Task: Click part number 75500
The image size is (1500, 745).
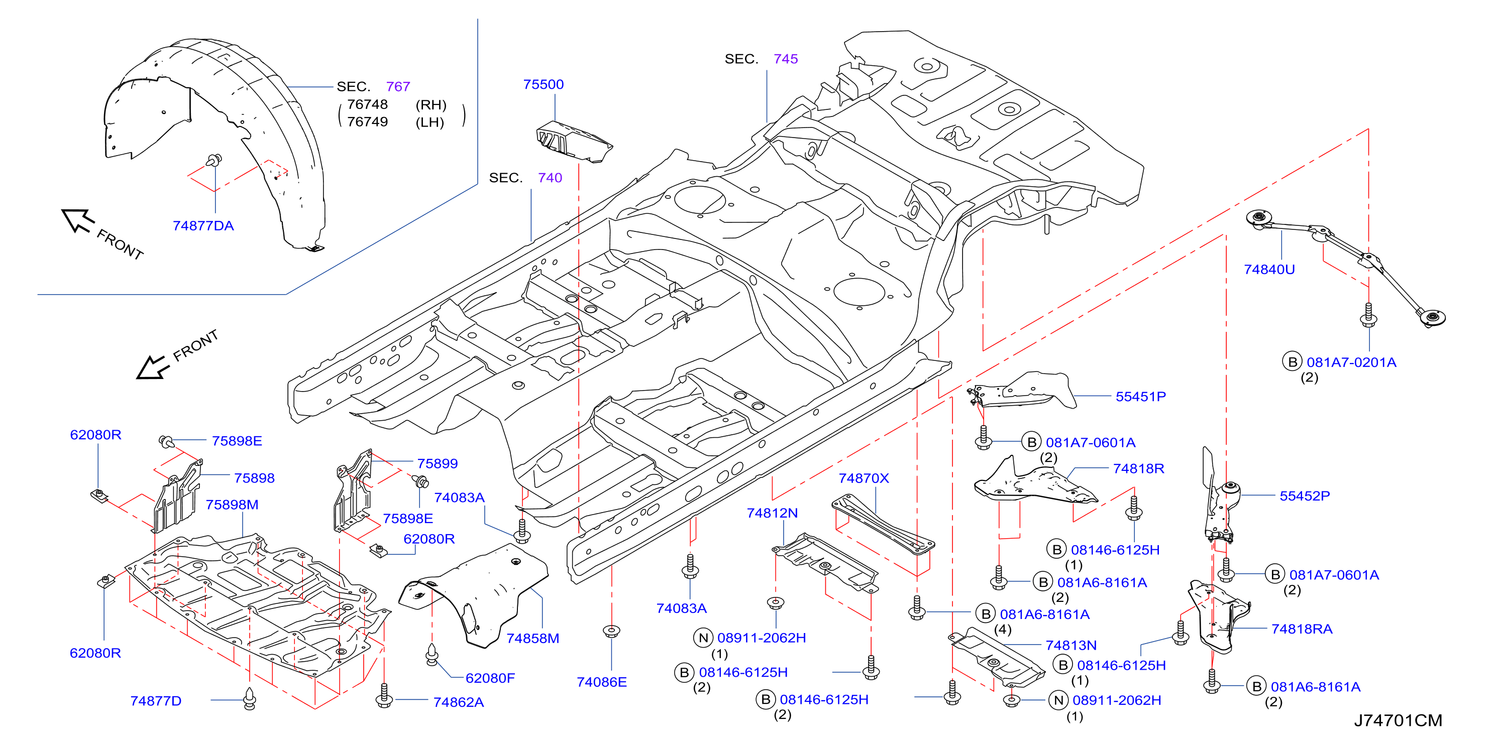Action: click(x=543, y=84)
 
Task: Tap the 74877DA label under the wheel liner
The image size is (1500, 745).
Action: click(x=203, y=226)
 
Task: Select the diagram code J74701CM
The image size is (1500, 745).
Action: click(x=1398, y=720)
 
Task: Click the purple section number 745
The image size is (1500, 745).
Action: click(x=786, y=59)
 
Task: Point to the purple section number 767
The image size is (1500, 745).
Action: click(x=398, y=87)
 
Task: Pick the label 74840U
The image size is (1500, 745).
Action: click(x=1269, y=270)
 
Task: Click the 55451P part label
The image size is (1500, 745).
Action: click(x=1140, y=397)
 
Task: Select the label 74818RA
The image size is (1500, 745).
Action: click(x=1302, y=629)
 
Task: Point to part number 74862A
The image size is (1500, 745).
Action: click(x=458, y=702)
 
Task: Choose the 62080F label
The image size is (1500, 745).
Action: click(x=490, y=678)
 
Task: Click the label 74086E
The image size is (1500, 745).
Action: click(x=601, y=682)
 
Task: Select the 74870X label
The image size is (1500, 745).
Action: click(x=864, y=478)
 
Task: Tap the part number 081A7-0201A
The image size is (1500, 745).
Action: click(x=1351, y=362)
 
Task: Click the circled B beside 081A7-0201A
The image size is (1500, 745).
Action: click(x=1292, y=361)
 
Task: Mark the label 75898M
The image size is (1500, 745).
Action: click(x=232, y=505)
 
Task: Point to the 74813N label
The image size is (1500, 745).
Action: click(x=1071, y=645)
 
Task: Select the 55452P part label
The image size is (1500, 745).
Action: click(x=1305, y=496)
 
